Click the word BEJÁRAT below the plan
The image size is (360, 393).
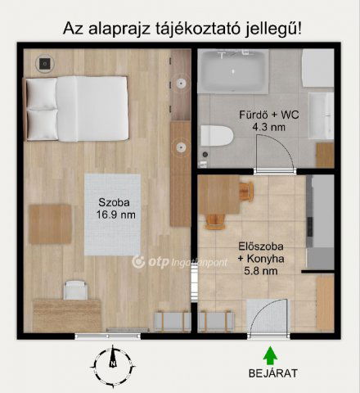(x=273, y=374)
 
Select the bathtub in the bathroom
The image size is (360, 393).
(x=234, y=70)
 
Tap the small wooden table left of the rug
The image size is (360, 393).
(x=50, y=224)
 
